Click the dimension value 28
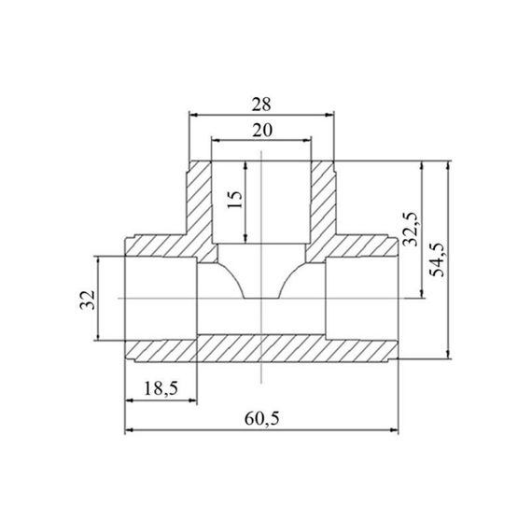point(261,105)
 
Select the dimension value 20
point(262,131)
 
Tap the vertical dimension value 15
point(235,200)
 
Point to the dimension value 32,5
point(410,229)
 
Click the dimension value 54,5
point(437,259)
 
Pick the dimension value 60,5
point(262,419)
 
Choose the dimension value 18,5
point(161,388)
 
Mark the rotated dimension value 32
point(87,300)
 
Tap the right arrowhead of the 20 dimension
point(306,140)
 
